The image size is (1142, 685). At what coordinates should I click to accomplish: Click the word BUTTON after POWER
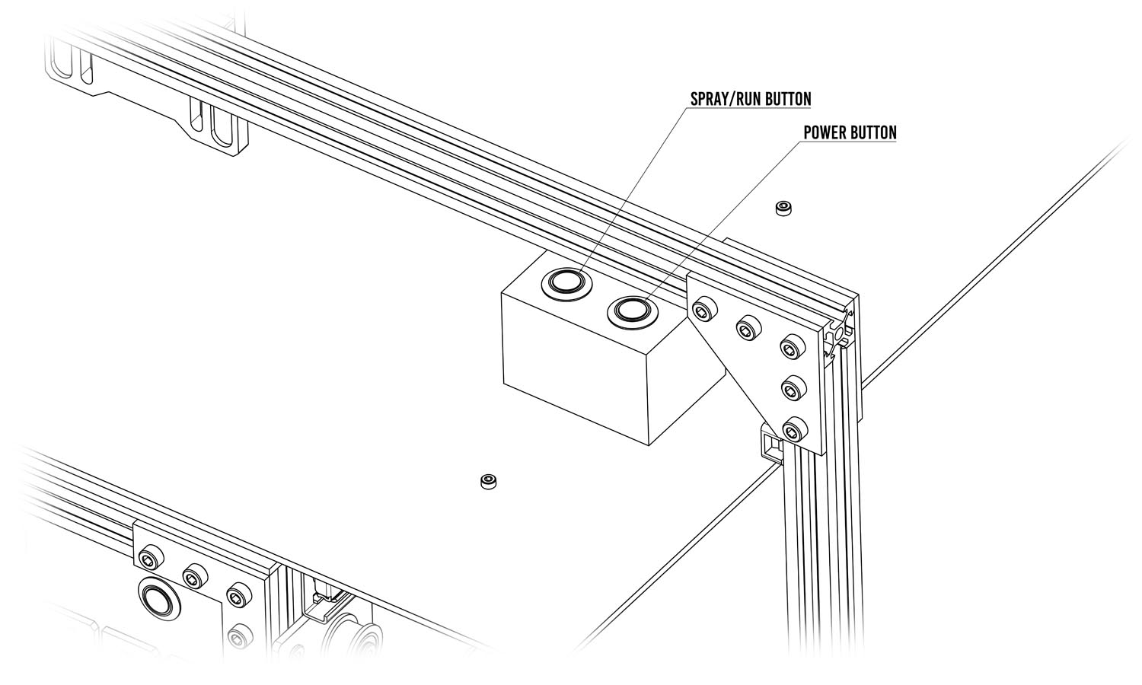click(875, 132)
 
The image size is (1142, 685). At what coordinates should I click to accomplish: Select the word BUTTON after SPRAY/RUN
click(788, 99)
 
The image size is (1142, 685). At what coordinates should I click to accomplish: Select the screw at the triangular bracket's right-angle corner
click(792, 348)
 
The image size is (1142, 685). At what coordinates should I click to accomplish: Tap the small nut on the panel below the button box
click(487, 482)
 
